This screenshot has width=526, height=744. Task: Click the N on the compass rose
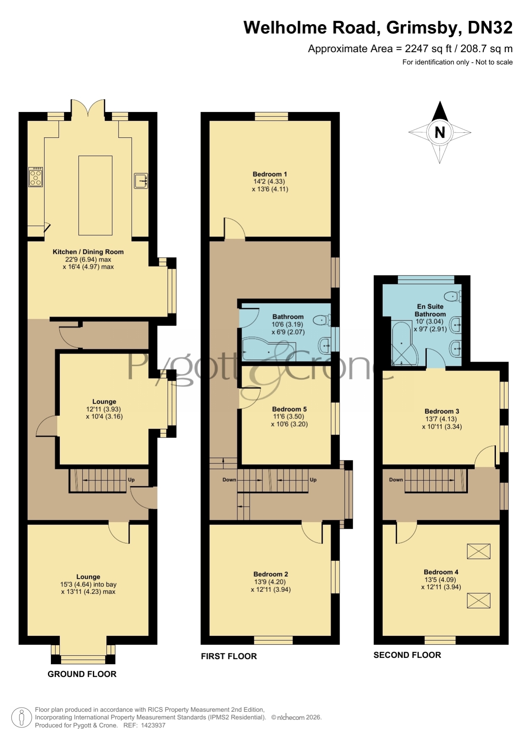440,133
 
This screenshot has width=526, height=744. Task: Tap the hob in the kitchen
36,177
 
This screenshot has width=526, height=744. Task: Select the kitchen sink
141,181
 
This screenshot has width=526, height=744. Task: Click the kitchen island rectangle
95,195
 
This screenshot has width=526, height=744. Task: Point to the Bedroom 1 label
270,174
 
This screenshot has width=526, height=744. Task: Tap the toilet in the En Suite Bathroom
453,296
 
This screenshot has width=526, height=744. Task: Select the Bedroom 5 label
289,409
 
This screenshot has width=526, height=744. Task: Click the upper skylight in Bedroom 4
479,551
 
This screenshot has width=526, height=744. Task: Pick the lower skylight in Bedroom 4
479,601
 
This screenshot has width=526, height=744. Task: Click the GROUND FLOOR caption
82,674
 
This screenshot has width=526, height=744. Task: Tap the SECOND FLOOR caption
407,655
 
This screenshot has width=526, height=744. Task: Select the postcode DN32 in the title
490,28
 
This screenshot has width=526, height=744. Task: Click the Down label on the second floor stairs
396,480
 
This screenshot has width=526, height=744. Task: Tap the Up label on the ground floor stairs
131,480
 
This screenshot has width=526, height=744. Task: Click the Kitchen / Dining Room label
88,252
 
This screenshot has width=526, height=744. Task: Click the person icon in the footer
21,718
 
